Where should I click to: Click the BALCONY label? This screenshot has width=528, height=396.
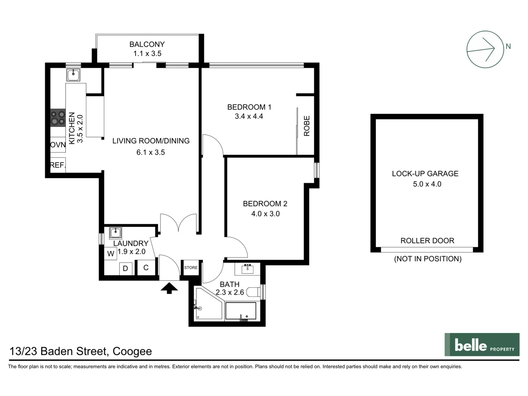tap(147, 44)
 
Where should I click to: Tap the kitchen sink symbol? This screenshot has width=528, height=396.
tap(73, 75)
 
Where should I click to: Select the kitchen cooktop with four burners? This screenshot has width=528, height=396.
tap(58, 118)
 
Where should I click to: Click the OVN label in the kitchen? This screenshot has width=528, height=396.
tap(58, 145)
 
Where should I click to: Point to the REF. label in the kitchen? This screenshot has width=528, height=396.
tap(58, 165)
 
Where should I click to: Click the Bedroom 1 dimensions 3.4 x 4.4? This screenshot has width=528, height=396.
tap(249, 116)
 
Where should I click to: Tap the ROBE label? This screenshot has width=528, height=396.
tap(307, 126)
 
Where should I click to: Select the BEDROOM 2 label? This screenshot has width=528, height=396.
tap(265, 203)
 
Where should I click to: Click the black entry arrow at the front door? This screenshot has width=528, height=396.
tap(169, 288)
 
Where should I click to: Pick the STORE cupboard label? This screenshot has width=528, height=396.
tap(191, 268)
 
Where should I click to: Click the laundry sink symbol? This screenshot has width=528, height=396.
tap(115, 232)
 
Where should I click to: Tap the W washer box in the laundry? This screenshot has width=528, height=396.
tap(111, 253)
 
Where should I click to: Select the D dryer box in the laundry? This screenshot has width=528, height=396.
tap(125, 268)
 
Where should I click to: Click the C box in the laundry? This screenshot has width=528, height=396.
tap(146, 268)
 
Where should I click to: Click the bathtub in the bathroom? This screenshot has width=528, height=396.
tap(241, 311)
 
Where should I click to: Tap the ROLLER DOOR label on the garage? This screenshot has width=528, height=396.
tap(427, 241)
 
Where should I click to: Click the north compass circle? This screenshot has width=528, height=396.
tap(485, 49)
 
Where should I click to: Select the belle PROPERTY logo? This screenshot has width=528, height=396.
tap(482, 345)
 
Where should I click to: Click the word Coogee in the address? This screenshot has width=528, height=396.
tap(132, 351)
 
